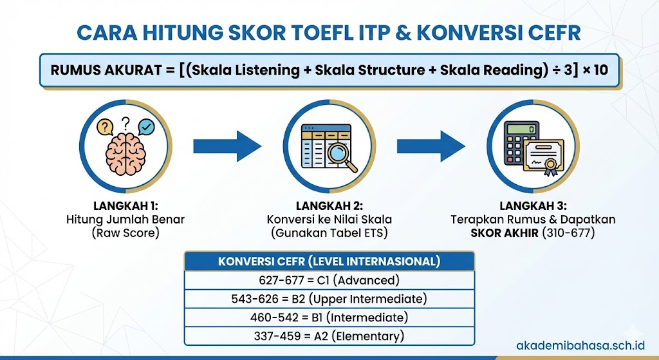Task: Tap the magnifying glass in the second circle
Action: click(x=342, y=157)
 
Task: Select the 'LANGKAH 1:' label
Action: click(x=125, y=206)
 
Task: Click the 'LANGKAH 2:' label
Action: click(x=329, y=206)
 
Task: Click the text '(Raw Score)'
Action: click(x=125, y=232)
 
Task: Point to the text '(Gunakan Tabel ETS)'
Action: click(x=329, y=232)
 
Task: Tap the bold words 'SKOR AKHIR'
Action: click(x=509, y=232)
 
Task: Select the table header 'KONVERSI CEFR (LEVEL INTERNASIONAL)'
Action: click(x=329, y=261)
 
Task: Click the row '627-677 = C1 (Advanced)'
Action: click(x=329, y=280)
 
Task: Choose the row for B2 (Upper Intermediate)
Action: click(x=329, y=299)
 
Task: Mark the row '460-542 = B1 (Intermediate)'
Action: click(x=329, y=317)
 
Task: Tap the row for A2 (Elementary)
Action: click(x=329, y=336)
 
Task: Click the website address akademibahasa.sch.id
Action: click(x=585, y=345)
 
